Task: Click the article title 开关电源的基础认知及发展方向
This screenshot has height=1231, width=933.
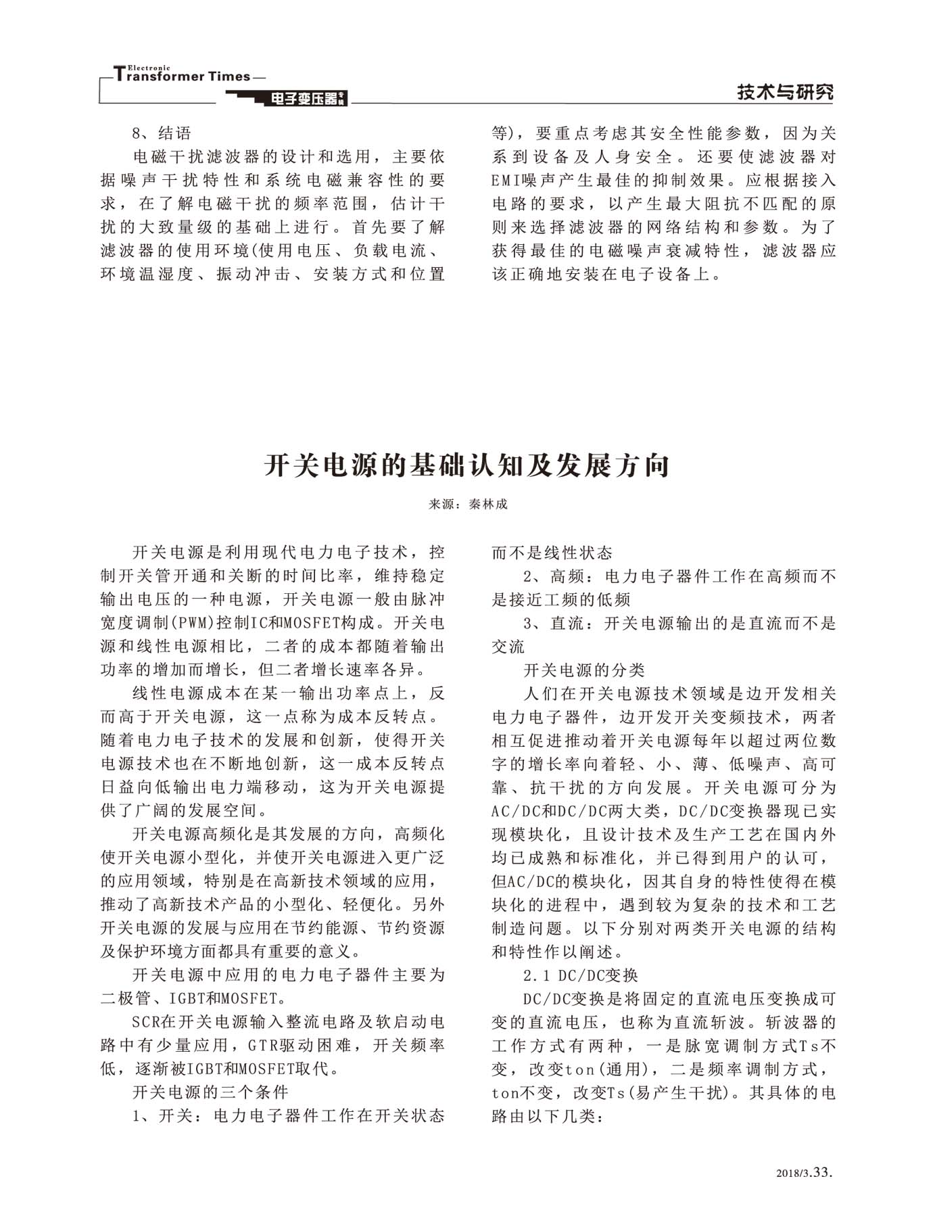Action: (466, 465)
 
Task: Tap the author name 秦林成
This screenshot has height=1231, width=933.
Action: (487, 504)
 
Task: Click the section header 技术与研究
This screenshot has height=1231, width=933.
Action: (785, 93)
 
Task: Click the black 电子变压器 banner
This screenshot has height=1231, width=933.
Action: (304, 99)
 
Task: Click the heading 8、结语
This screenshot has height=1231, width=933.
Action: (162, 133)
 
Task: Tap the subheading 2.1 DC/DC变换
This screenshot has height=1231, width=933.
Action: (581, 975)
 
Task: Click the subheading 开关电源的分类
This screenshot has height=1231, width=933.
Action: (584, 670)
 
